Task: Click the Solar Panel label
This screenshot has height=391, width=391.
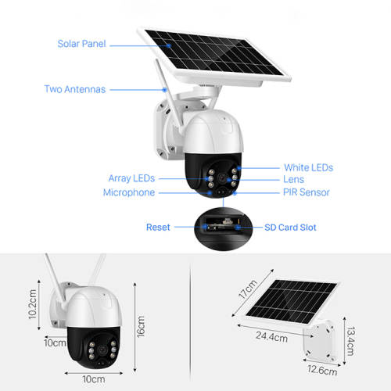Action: tap(81, 44)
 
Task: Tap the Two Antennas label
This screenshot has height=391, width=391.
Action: tap(75, 89)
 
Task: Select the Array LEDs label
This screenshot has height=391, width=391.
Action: tap(131, 178)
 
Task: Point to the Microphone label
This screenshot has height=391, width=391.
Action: tap(129, 192)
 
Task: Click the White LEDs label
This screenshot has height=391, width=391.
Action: tap(309, 167)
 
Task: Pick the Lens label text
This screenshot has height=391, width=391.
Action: tap(294, 179)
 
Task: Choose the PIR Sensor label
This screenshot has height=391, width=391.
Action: tap(307, 192)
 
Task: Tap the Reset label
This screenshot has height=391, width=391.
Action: tap(158, 228)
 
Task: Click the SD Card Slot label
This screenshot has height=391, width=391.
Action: tap(290, 228)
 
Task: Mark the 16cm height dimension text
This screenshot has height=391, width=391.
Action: tap(141, 327)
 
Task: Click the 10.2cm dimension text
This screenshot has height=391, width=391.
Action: tap(33, 304)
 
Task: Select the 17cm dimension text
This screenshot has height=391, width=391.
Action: tap(248, 289)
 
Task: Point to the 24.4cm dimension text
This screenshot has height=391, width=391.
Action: tap(271, 336)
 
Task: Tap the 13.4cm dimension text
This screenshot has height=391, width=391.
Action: tap(350, 342)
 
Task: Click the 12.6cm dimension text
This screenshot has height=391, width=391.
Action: tap(322, 370)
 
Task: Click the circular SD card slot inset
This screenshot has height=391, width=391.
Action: tap(223, 228)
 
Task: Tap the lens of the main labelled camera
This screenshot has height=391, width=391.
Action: tap(222, 178)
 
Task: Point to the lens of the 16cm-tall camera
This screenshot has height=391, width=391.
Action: tap(102, 350)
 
